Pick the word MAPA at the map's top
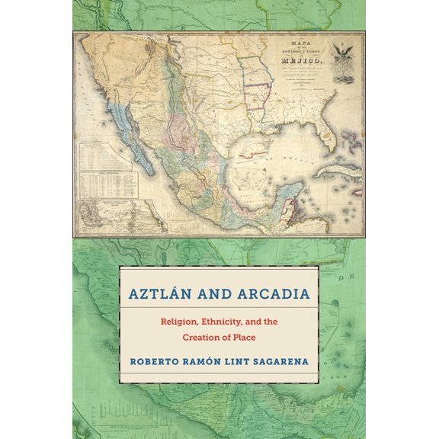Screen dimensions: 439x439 303,42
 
